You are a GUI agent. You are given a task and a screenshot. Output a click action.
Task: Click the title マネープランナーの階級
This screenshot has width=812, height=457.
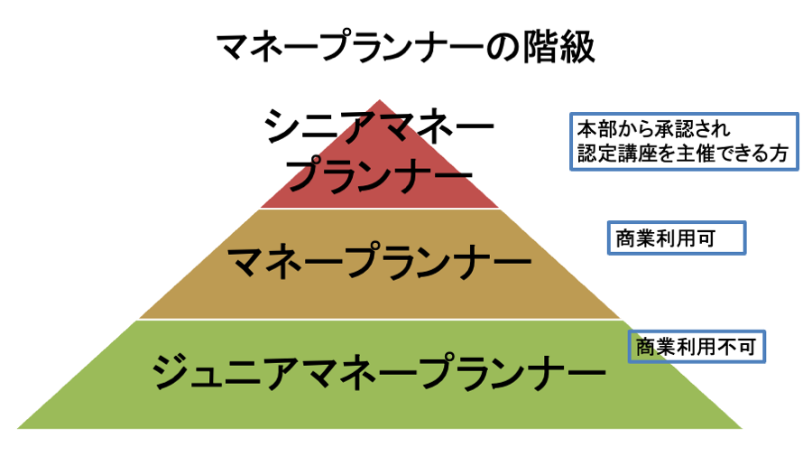click(x=405, y=48)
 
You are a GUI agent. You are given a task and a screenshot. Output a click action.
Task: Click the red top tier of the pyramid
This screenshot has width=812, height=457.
click(x=380, y=194)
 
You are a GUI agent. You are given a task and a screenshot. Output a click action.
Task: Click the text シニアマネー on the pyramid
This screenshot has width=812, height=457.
click(x=380, y=127)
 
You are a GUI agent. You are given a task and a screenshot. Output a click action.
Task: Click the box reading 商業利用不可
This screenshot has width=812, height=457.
click(x=697, y=345)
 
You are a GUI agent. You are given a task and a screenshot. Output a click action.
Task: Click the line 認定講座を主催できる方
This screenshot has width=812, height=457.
click(x=684, y=154)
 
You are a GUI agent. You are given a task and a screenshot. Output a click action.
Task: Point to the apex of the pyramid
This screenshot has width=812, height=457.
click(x=380, y=100)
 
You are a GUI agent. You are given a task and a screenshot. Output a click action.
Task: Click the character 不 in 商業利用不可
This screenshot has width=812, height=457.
click(x=727, y=345)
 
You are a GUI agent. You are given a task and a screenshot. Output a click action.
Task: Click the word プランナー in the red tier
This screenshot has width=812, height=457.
click(x=380, y=170)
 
